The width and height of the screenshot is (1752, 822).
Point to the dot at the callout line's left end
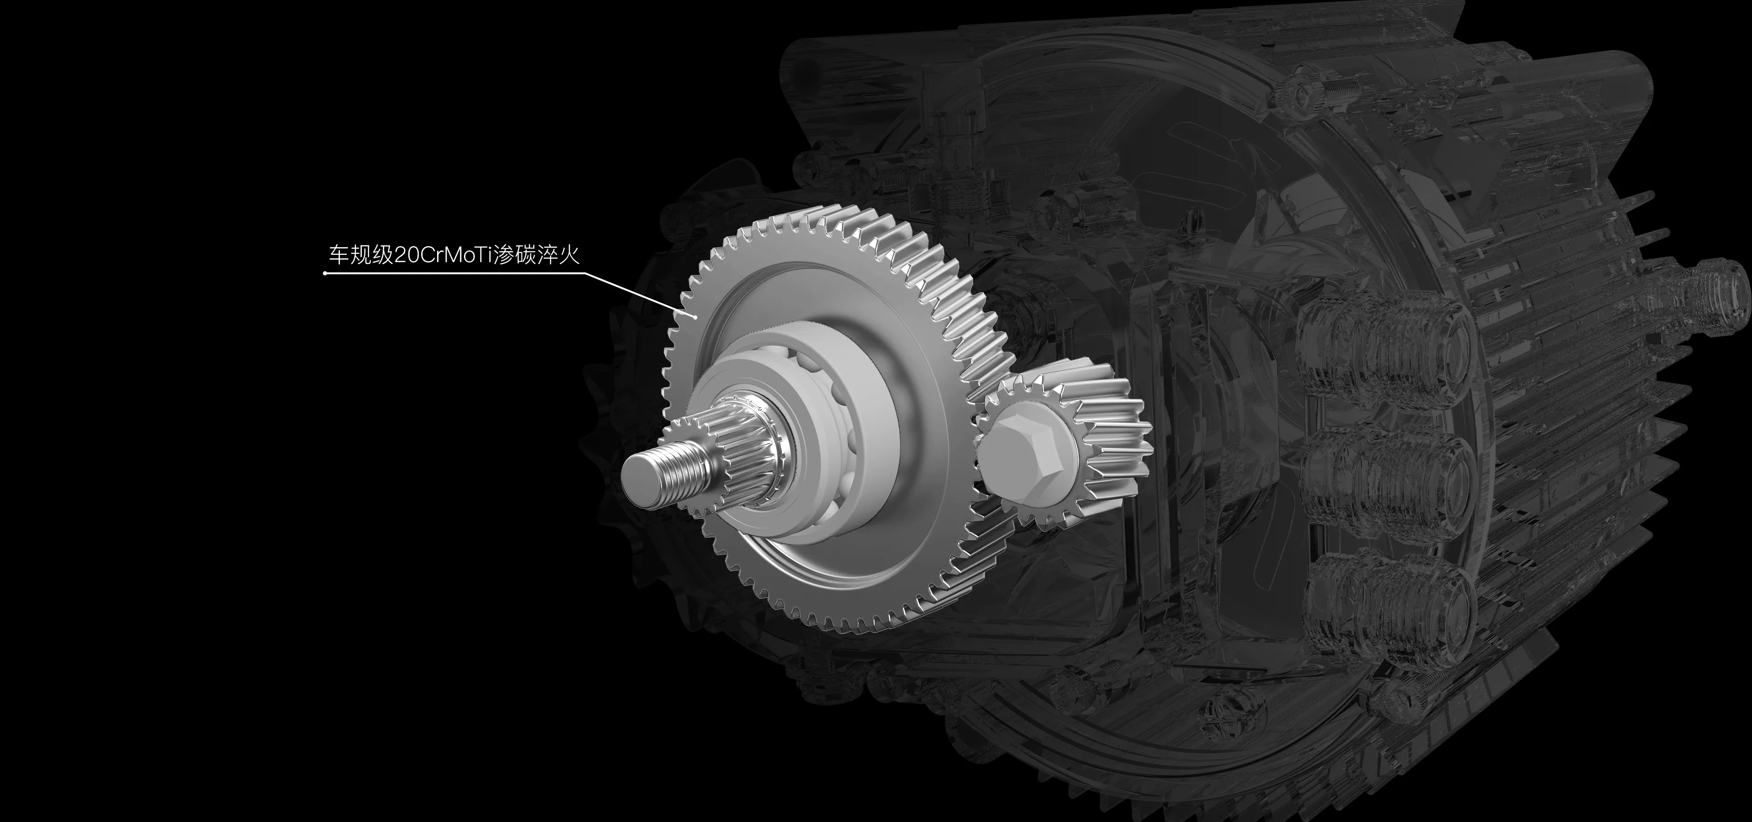pyautogui.click(x=326, y=274)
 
